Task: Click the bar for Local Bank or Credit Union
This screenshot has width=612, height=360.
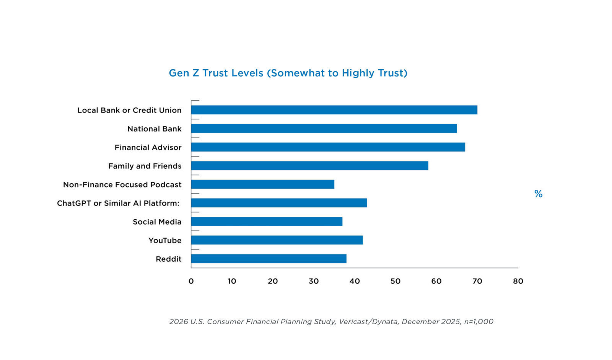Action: point(334,110)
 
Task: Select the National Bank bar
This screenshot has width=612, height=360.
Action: point(324,129)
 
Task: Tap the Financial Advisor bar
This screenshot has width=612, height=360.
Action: point(328,147)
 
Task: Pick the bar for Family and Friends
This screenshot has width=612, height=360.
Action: point(309,166)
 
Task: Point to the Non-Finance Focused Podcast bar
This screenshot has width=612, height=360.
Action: point(262,184)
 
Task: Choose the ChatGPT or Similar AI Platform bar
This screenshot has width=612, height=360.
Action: point(279,203)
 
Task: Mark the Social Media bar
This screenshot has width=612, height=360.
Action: point(267,222)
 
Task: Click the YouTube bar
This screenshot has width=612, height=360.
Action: point(277,240)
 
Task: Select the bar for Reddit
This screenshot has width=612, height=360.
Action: point(269,259)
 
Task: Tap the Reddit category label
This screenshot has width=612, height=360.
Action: point(168,259)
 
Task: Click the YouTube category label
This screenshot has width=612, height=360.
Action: point(165,240)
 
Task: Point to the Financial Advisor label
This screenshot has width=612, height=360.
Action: point(148,147)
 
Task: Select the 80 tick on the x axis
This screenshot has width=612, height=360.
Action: point(518,281)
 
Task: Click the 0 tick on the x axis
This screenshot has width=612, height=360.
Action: point(191,281)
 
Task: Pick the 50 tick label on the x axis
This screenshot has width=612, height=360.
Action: point(395,281)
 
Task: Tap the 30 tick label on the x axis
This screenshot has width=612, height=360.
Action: point(314,281)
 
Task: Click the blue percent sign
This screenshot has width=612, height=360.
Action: point(538,194)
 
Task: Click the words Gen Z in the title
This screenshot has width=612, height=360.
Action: point(184,73)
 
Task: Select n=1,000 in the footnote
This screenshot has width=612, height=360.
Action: point(479,322)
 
